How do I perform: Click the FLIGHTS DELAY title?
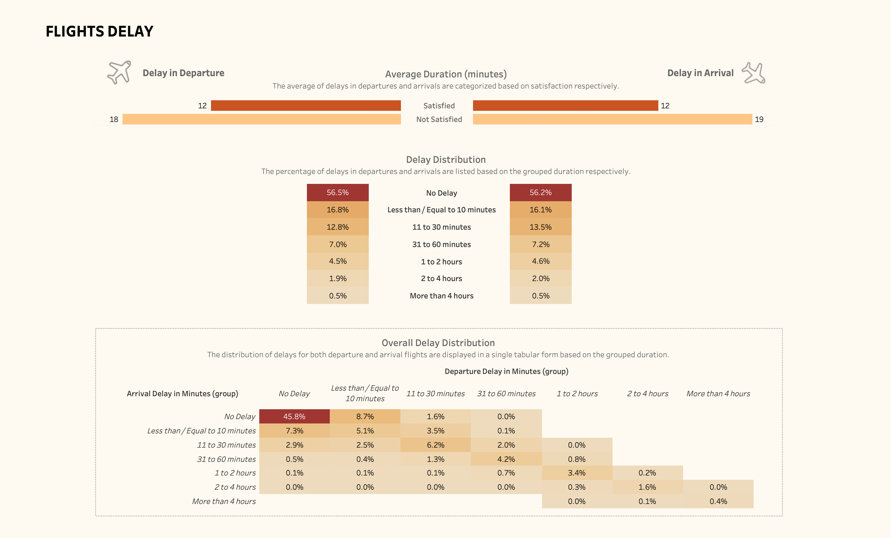coord(99,32)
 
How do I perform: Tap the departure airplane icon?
coord(119,72)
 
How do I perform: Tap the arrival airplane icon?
coord(754,73)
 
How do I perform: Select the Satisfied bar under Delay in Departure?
coord(306,106)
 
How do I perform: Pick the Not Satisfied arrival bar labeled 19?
coord(612,119)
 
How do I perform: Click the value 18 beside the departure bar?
coord(114,119)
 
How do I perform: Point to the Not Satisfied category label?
coord(439,119)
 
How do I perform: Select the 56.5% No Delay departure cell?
coord(338,193)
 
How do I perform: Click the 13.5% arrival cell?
coord(540,227)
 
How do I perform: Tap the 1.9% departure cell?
coord(338,279)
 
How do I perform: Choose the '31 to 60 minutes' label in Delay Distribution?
coord(441,245)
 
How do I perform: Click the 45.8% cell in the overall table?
coord(294,416)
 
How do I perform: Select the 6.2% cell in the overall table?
coord(435,445)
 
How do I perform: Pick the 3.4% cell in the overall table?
coord(576,473)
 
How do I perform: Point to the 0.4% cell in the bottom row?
coord(718,501)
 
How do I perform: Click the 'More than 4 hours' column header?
coord(718,394)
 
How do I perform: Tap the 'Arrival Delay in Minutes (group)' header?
coord(182,394)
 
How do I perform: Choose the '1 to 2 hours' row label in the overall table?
coord(235,473)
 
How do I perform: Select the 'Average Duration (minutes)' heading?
coord(445,74)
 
